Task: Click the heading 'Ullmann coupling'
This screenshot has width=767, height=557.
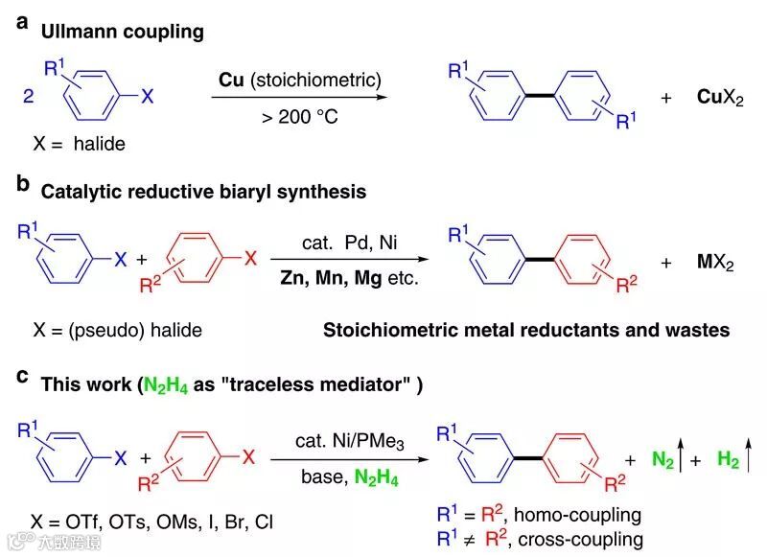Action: tap(122, 32)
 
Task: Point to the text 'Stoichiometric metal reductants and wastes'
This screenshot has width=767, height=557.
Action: tap(525, 331)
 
